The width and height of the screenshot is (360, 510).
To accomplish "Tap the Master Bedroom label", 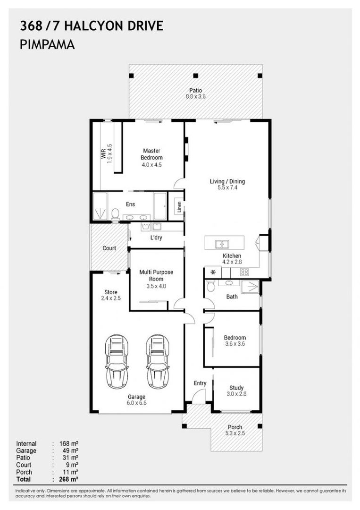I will pyautogui.click(x=151, y=154).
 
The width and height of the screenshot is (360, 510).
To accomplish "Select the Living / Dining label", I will pyautogui.click(x=227, y=181).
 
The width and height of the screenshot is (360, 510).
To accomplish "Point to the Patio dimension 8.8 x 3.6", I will pyautogui.click(x=195, y=96).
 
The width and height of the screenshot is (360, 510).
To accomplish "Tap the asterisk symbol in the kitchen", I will pyautogui.click(x=212, y=272).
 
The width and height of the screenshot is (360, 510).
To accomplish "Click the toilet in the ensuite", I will pyautogui.click(x=115, y=214).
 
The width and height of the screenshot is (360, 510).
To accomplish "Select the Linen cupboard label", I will pyautogui.click(x=179, y=206).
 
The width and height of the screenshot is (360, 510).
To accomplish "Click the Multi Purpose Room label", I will pyautogui.click(x=156, y=275).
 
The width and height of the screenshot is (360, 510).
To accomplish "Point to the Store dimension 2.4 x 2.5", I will pyautogui.click(x=111, y=298).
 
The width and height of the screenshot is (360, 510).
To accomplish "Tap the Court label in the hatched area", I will pyautogui.click(x=109, y=248).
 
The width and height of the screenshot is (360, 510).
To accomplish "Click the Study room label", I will pyautogui.click(x=236, y=388).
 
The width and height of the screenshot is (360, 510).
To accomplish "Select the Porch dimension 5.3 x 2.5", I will pyautogui.click(x=235, y=433).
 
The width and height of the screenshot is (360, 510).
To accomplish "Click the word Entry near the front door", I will pyautogui.click(x=200, y=383).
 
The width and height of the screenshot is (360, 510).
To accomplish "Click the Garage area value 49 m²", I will pyautogui.click(x=68, y=451).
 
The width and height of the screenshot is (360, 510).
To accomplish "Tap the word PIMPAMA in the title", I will pyautogui.click(x=47, y=45).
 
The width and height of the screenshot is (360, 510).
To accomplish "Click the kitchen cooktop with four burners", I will pyautogui.click(x=244, y=272).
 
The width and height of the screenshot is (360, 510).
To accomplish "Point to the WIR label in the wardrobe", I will pyautogui.click(x=103, y=153).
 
